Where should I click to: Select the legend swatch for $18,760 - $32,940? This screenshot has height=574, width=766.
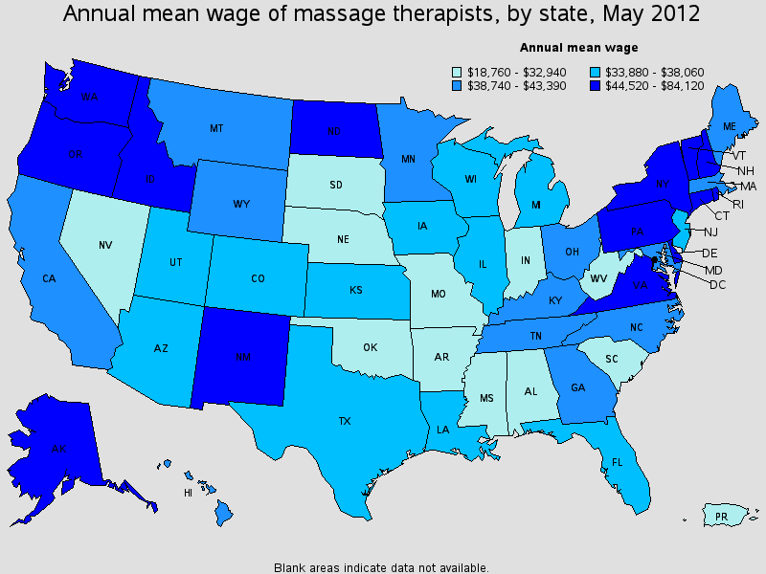tap(457, 71)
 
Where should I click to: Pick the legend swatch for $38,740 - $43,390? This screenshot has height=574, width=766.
tap(457, 84)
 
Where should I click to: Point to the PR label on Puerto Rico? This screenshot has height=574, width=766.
tap(722, 517)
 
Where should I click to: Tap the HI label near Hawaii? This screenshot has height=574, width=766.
tap(188, 494)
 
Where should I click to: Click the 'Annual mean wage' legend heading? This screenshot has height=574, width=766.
tap(579, 47)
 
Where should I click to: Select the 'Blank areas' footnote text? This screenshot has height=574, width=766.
tap(381, 566)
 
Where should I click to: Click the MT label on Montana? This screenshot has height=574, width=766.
tap(217, 127)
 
